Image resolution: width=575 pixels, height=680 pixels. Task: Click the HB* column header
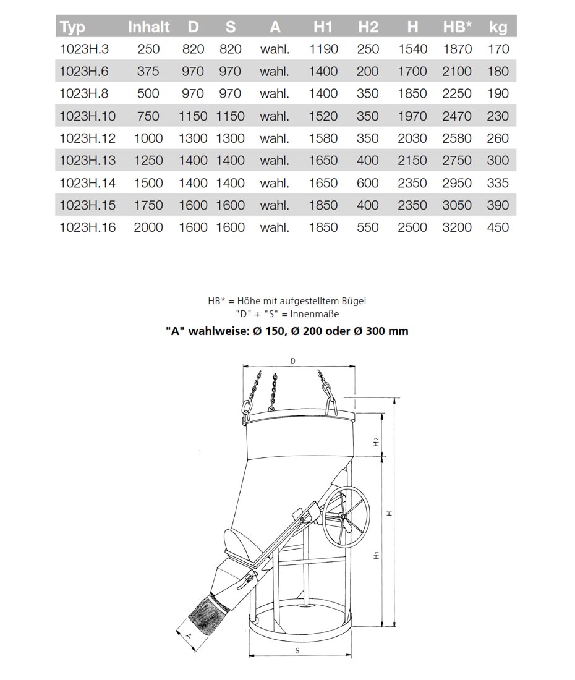click(457, 27)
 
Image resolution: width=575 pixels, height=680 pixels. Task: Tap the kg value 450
click(498, 227)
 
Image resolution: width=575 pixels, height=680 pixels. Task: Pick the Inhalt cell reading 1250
click(148, 161)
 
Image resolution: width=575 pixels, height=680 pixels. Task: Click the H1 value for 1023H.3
click(323, 49)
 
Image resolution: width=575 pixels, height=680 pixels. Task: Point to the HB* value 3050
click(457, 205)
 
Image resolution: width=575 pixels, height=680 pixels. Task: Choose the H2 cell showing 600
click(368, 183)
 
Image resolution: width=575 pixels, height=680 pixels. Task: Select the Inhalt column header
click(148, 27)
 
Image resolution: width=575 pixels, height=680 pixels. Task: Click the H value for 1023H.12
click(412, 138)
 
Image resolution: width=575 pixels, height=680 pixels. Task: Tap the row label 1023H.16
click(87, 227)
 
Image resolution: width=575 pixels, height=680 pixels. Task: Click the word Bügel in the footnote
click(353, 301)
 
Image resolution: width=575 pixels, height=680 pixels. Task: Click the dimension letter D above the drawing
click(292, 360)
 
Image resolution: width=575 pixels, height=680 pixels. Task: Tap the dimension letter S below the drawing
click(297, 650)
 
